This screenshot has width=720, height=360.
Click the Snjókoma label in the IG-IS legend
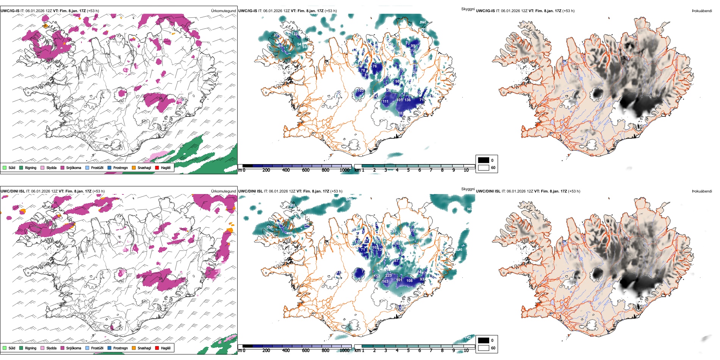[74, 168]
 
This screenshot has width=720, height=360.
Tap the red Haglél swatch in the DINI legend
[157, 348]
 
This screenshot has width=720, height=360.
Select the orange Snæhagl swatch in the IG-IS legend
[134, 167]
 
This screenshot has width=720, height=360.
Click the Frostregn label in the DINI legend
[120, 348]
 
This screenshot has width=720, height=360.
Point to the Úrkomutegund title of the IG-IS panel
[223, 11]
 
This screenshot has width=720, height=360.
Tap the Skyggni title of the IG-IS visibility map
[468, 9]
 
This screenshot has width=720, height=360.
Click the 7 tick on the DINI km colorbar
[431, 351]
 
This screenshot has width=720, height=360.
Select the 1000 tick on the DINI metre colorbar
[344, 351]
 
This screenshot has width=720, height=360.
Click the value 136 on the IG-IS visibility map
[407, 100]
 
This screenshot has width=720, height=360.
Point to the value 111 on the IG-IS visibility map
[385, 102]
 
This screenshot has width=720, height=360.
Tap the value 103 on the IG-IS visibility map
[360, 91]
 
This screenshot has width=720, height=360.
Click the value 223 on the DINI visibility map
[388, 275]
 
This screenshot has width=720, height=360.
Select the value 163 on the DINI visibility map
[385, 282]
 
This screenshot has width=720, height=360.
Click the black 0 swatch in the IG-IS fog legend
[484, 160]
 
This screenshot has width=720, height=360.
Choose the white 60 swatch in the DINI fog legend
[484, 348]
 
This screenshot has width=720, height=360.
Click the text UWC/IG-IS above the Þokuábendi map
[485, 11]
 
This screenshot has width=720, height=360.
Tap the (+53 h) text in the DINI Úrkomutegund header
[98, 191]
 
